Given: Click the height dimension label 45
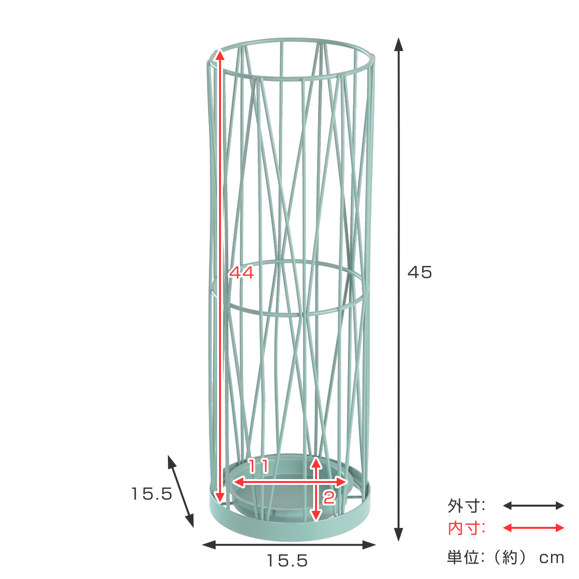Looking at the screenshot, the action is [x=419, y=272].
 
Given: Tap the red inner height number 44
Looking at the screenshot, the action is [x=241, y=273].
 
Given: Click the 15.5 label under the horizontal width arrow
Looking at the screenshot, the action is [x=287, y=561].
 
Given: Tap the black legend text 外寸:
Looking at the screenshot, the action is [x=466, y=506].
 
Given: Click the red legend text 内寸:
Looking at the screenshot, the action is [x=466, y=528].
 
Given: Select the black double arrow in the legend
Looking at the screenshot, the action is [x=533, y=506].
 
